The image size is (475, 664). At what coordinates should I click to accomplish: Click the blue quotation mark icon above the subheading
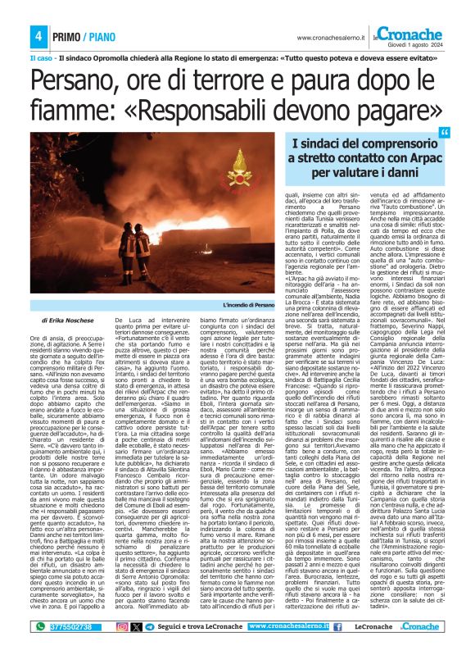[x=445, y=134]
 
